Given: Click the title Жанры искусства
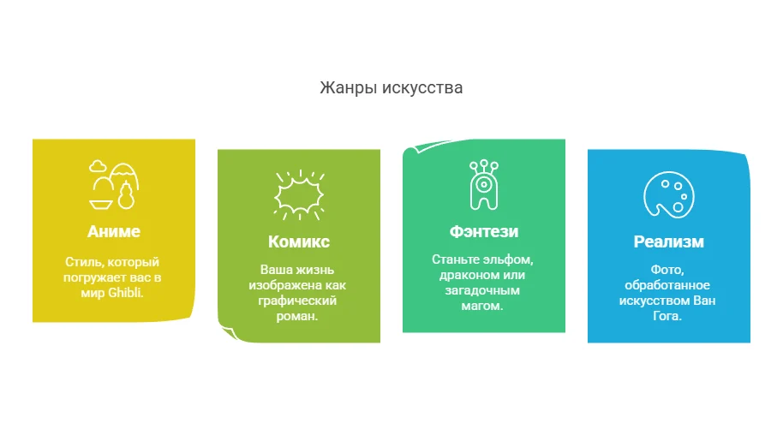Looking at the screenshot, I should tap(391, 87).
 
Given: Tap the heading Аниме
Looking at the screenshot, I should tap(113, 231).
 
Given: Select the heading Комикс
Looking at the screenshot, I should tap(298, 241).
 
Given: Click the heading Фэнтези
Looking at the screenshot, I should tap(483, 231).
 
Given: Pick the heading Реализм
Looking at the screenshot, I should tap(668, 241).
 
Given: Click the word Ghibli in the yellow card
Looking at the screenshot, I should tap(125, 292).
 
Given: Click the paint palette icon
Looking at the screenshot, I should tap(668, 195).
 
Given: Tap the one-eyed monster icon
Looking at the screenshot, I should tap(483, 185).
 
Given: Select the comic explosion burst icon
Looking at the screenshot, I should tap(298, 195).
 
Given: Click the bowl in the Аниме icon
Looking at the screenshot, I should tap(100, 204).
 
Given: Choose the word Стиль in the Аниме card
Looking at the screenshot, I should tap(82, 261).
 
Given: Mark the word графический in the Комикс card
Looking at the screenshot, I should tap(298, 301).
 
